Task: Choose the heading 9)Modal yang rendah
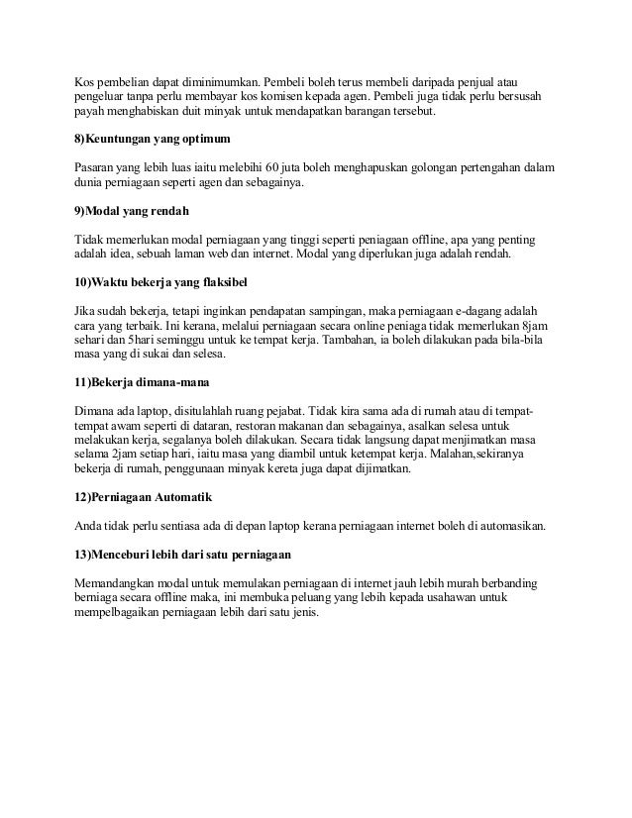(x=133, y=213)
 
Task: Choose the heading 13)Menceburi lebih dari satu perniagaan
(x=182, y=552)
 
